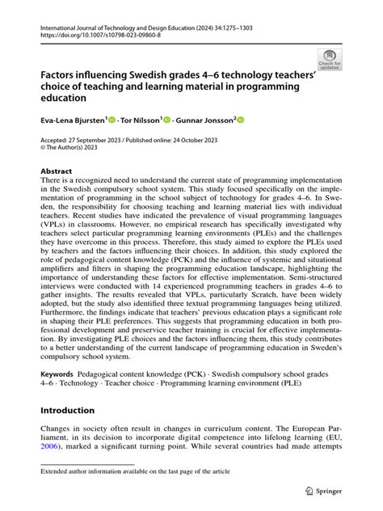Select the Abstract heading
point(56,171)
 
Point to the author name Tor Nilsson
point(140,120)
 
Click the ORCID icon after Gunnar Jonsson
point(240,120)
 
